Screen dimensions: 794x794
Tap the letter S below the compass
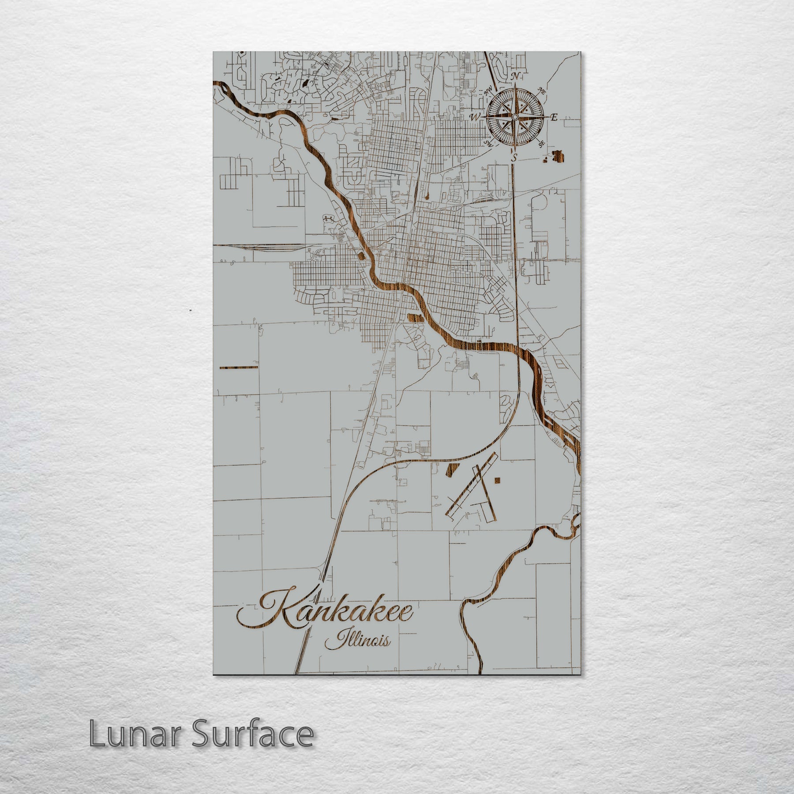pyautogui.click(x=513, y=157)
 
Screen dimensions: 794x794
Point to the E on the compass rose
pyautogui.click(x=554, y=117)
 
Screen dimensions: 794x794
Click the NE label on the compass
pyautogui.click(x=542, y=90)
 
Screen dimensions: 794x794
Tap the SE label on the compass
pyautogui.click(x=541, y=144)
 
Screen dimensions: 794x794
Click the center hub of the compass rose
pyautogui.click(x=514, y=117)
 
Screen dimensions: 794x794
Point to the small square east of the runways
pyautogui.click(x=498, y=480)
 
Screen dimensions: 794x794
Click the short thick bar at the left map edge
pyautogui.click(x=238, y=367)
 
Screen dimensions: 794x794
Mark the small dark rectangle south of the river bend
pyautogui.click(x=413, y=316)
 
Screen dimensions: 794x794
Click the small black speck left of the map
pyautogui.click(x=190, y=311)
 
